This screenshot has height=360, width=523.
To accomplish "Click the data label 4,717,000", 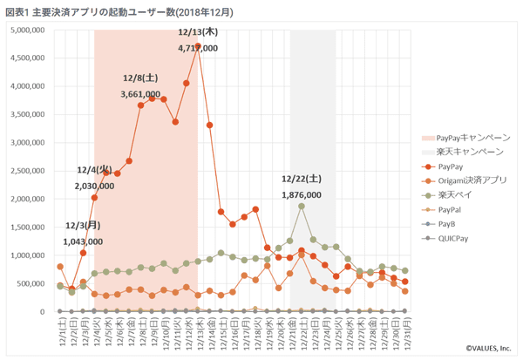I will [198, 49].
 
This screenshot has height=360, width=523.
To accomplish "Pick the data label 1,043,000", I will [83, 241].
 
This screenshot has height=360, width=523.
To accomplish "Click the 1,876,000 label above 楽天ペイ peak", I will [302, 195].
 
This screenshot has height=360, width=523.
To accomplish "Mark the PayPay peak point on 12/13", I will [198, 46].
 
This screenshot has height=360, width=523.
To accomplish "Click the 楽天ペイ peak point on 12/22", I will [302, 206].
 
